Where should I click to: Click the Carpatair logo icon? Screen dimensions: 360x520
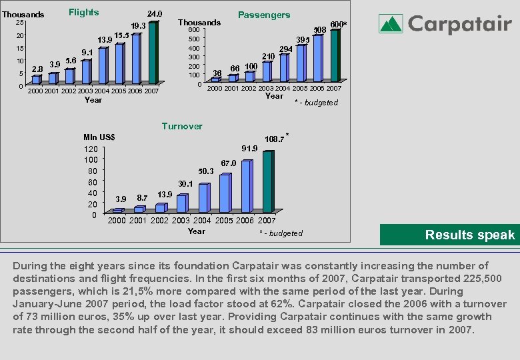tap(391, 25)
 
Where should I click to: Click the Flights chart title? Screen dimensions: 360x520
tap(84, 12)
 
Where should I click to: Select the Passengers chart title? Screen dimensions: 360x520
tap(264, 15)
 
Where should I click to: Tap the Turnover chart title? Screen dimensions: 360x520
tap(182, 126)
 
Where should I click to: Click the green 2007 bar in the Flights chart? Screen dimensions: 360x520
tap(154, 53)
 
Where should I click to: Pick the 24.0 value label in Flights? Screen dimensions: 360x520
tap(154, 13)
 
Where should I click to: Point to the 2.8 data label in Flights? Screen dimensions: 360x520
tap(37, 69)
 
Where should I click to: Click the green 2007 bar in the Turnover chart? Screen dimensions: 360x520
tap(268, 181)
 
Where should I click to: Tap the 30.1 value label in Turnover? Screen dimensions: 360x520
tap(185, 183)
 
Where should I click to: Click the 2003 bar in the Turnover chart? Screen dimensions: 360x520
tap(182, 203)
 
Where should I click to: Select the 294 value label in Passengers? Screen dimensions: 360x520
tap(286, 50)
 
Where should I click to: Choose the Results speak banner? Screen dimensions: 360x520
tap(449, 235)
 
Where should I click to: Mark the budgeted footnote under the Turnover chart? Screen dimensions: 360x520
tap(281, 233)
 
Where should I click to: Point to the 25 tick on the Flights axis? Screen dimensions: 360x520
tap(20, 23)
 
